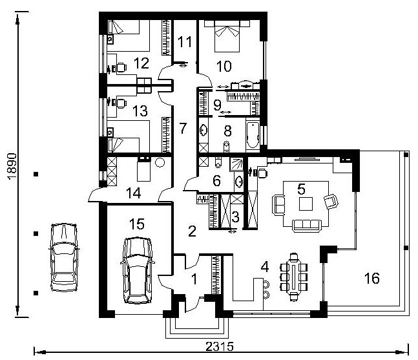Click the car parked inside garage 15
[x=137, y=270]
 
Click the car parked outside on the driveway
[x=64, y=257]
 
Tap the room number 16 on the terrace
[x=372, y=278]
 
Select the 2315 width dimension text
[x=220, y=346]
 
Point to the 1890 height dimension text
[x=12, y=167]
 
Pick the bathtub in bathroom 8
[x=253, y=135]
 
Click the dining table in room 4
[x=293, y=277]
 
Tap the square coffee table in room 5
[x=306, y=204]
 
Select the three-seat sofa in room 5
[x=307, y=226]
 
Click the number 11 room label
[x=185, y=42]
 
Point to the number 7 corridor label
[x=183, y=128]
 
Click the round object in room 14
[x=160, y=162]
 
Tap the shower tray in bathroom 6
[x=236, y=164]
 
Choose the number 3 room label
[x=235, y=217]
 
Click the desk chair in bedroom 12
[x=121, y=67]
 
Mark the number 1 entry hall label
[x=194, y=279]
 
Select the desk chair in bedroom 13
[x=121, y=103]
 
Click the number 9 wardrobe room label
[x=217, y=105]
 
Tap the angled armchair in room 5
[x=331, y=201]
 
